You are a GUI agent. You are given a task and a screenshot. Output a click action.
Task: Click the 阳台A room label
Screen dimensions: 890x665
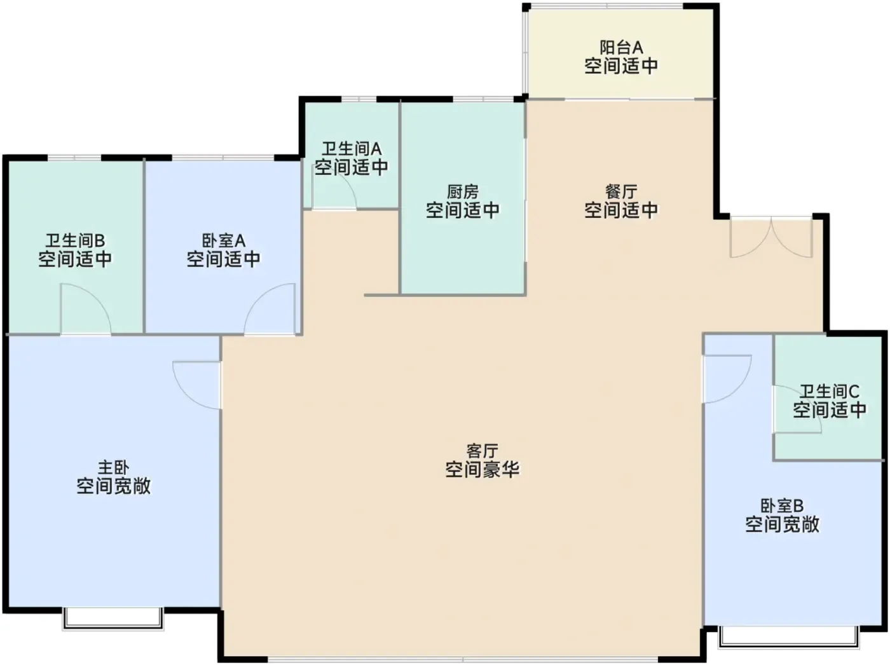click(x=621, y=48)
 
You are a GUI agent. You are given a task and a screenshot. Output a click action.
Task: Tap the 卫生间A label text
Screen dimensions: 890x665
click(x=352, y=149)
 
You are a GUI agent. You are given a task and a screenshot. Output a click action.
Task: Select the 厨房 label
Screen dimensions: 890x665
click(x=463, y=191)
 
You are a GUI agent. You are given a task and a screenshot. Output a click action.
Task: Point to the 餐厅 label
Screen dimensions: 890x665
click(x=621, y=191)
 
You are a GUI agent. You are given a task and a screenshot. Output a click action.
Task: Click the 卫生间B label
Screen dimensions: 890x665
click(x=75, y=241)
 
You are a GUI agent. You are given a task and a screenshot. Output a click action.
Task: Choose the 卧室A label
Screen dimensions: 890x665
click(x=223, y=241)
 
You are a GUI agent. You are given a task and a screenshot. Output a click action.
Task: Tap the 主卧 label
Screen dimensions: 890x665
click(x=114, y=467)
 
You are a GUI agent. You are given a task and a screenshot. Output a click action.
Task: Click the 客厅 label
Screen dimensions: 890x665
click(x=482, y=451)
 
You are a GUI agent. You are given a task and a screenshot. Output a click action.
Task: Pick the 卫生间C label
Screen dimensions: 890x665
click(x=829, y=392)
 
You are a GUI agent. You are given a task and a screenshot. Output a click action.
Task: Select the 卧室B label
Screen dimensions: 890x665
click(x=782, y=506)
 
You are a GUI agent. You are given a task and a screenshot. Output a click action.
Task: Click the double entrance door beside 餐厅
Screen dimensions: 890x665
click(x=771, y=237)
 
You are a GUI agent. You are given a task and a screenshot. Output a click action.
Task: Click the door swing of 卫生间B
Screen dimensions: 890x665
click(x=86, y=310)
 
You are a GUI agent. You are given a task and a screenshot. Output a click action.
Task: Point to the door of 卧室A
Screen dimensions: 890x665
click(x=270, y=310)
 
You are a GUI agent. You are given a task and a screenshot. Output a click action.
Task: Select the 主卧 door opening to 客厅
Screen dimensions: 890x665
click(x=197, y=385)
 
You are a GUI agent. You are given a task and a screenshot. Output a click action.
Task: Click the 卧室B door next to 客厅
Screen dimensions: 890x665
click(x=727, y=380)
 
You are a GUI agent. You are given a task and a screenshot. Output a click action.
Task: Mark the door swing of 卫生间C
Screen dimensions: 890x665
click(x=797, y=409)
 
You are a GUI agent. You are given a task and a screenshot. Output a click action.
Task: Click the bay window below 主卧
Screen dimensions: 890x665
click(x=113, y=619)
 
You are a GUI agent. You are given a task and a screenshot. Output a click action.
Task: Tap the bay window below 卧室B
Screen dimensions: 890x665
click(x=789, y=637)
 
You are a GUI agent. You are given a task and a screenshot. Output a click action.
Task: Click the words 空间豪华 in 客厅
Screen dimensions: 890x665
click(x=482, y=470)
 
